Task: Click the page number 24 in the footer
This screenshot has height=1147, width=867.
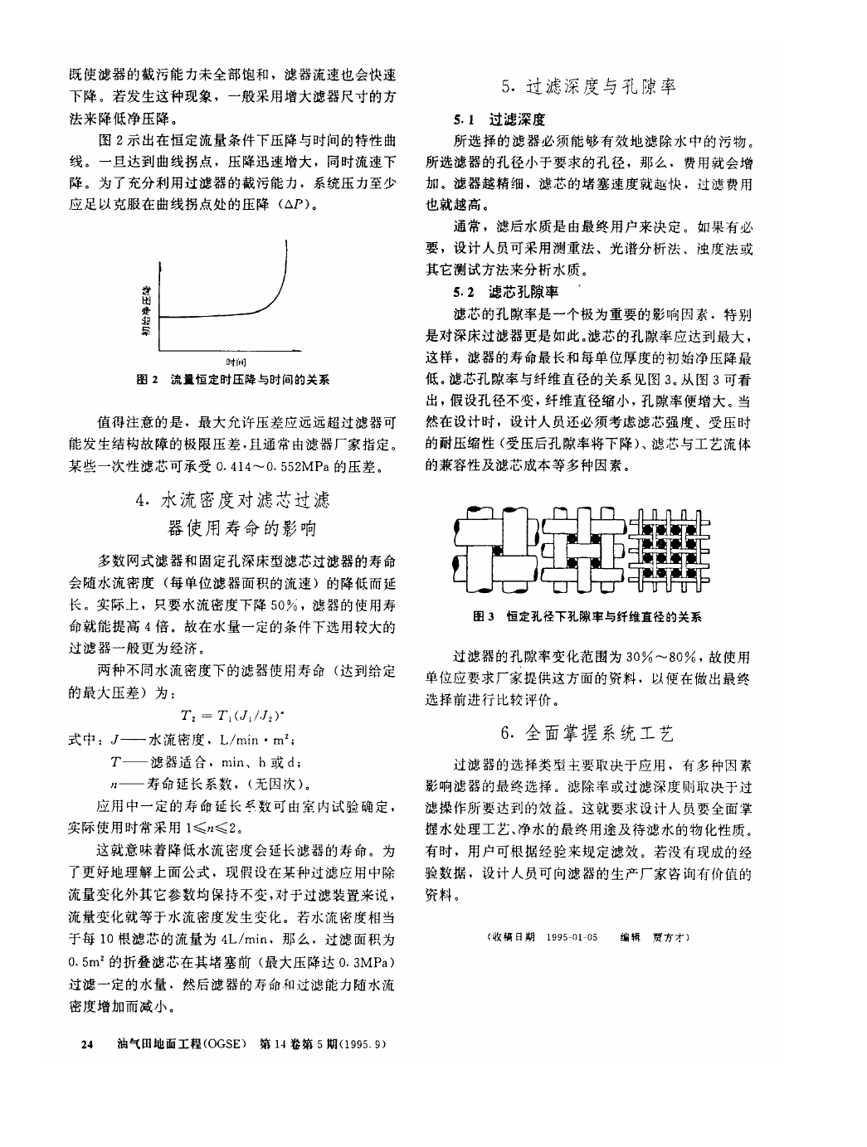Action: (x=86, y=1043)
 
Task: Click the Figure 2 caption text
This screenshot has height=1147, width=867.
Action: (x=233, y=380)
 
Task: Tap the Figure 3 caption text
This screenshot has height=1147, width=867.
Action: (x=587, y=617)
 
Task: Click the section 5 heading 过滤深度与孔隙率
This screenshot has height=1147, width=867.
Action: (x=589, y=86)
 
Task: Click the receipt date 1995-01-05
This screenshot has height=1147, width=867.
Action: (x=572, y=937)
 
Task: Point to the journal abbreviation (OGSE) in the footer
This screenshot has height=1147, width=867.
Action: (x=222, y=1043)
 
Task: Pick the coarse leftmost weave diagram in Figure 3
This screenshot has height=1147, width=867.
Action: (x=494, y=549)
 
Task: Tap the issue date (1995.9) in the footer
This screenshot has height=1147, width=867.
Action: (x=363, y=1043)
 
